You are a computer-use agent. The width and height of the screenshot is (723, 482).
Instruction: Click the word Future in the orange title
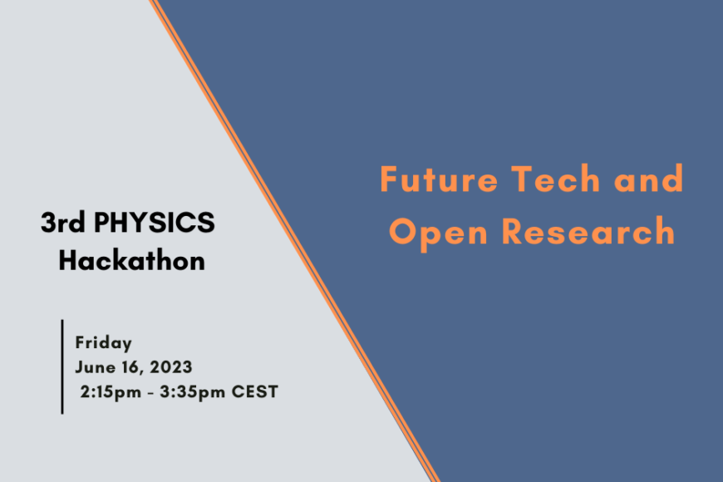[x=439, y=179]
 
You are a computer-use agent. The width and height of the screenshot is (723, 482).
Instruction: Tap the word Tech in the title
[x=556, y=178]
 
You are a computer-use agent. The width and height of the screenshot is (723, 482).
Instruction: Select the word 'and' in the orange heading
[x=648, y=178]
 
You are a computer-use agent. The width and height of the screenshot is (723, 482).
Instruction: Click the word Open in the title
[x=438, y=234]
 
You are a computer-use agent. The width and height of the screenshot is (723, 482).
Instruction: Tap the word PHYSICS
[x=155, y=223]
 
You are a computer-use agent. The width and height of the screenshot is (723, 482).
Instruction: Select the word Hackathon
[x=132, y=260]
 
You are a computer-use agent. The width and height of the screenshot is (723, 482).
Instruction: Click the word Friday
[x=104, y=343]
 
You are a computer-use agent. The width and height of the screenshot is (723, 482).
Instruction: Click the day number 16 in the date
[x=130, y=367]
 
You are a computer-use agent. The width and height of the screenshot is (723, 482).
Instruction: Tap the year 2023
[x=170, y=367]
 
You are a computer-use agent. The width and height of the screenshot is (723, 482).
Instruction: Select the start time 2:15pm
[x=111, y=392]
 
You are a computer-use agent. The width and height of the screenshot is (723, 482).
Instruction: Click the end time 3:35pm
[x=193, y=392]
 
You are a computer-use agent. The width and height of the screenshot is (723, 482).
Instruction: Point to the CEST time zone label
[x=254, y=391]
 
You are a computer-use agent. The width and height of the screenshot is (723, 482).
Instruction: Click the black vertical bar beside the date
[x=62, y=366]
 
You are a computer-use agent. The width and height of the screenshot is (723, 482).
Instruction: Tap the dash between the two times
[x=150, y=393]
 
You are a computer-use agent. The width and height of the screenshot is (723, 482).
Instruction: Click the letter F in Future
[x=388, y=179]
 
